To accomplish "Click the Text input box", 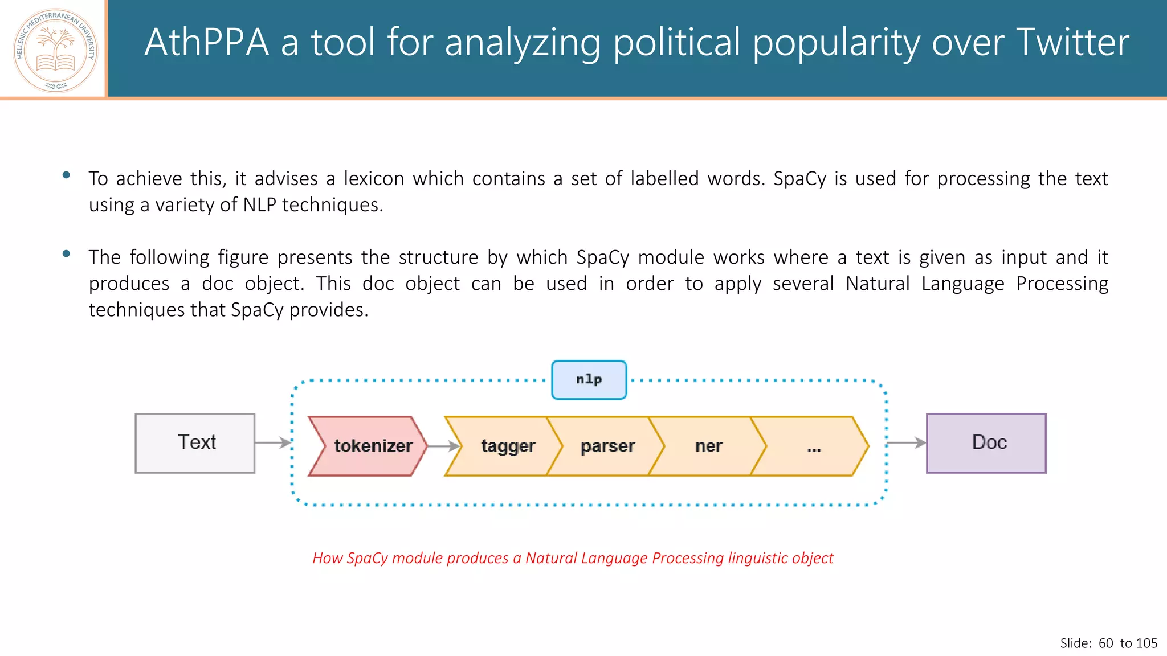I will [x=195, y=443].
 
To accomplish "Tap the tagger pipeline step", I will [x=504, y=446].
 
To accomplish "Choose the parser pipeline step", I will [x=607, y=446].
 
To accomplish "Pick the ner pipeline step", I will [x=708, y=446].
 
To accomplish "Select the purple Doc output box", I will [x=986, y=443].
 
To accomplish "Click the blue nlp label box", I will [x=589, y=380].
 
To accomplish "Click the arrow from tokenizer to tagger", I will [x=443, y=446].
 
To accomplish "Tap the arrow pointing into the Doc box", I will [x=906, y=442].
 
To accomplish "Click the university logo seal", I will [x=55, y=50].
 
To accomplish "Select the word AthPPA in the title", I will [x=206, y=43].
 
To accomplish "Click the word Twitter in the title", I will [x=1072, y=43].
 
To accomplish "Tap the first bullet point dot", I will [x=66, y=175].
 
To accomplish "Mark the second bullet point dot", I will [x=66, y=254].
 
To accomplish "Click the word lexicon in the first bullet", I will [x=373, y=179].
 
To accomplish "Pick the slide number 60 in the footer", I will [x=1105, y=643].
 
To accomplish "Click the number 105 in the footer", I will [x=1146, y=643].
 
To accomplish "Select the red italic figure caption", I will [x=573, y=558].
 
